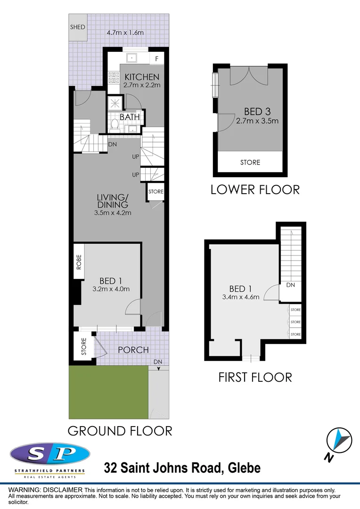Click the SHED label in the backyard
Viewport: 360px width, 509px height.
click(x=78, y=27)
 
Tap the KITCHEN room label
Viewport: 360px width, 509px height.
click(x=141, y=77)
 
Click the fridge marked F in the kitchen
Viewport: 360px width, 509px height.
click(x=156, y=58)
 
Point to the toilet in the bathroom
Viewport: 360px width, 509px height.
click(x=114, y=125)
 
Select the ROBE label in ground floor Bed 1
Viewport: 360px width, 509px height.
click(x=79, y=262)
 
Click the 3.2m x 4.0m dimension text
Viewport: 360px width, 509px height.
click(x=111, y=289)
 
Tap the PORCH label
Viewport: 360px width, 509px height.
click(x=133, y=350)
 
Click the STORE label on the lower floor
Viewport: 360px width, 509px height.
click(x=250, y=163)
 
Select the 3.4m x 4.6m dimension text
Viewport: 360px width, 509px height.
click(x=241, y=297)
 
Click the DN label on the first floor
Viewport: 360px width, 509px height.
click(x=290, y=285)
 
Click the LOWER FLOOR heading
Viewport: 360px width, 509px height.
click(x=255, y=190)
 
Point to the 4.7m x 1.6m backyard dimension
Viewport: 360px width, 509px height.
click(x=125, y=33)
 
